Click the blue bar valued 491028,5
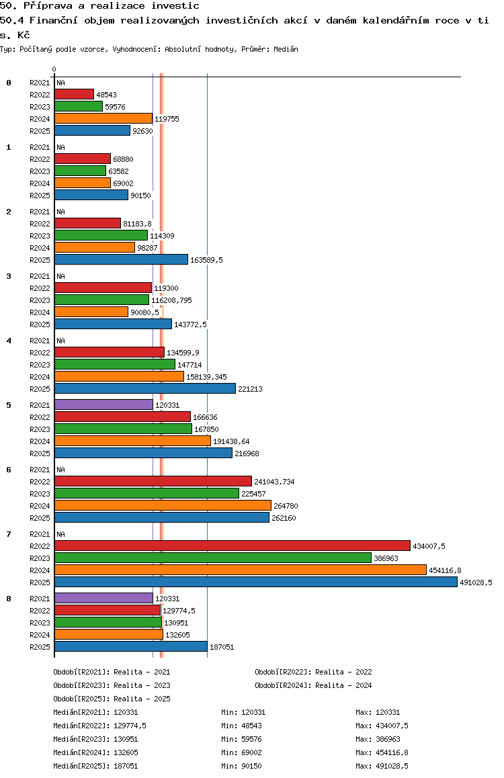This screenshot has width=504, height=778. click(256, 582)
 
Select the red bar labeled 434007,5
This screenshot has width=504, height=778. click(233, 546)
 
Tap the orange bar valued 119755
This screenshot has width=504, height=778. click(103, 119)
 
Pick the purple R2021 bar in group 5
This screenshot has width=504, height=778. click(104, 405)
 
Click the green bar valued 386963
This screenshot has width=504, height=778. click(213, 558)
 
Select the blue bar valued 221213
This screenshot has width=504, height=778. click(145, 388)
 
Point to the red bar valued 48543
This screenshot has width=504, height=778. click(75, 94)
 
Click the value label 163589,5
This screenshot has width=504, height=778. click(206, 260)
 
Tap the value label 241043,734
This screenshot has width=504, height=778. click(274, 482)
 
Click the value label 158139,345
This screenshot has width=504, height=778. click(206, 377)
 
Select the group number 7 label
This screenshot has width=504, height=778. click(9, 534)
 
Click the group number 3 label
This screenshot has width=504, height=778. click(9, 276)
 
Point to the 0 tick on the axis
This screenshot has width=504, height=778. click(54, 69)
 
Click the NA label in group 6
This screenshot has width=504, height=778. click(60, 470)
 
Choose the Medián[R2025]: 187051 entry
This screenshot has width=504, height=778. click(95, 766)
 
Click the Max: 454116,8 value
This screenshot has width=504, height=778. click(382, 752)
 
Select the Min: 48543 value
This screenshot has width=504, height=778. click(241, 726)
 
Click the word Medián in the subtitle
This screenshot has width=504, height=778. click(286, 49)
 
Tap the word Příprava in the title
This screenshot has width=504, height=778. click(48, 6)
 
